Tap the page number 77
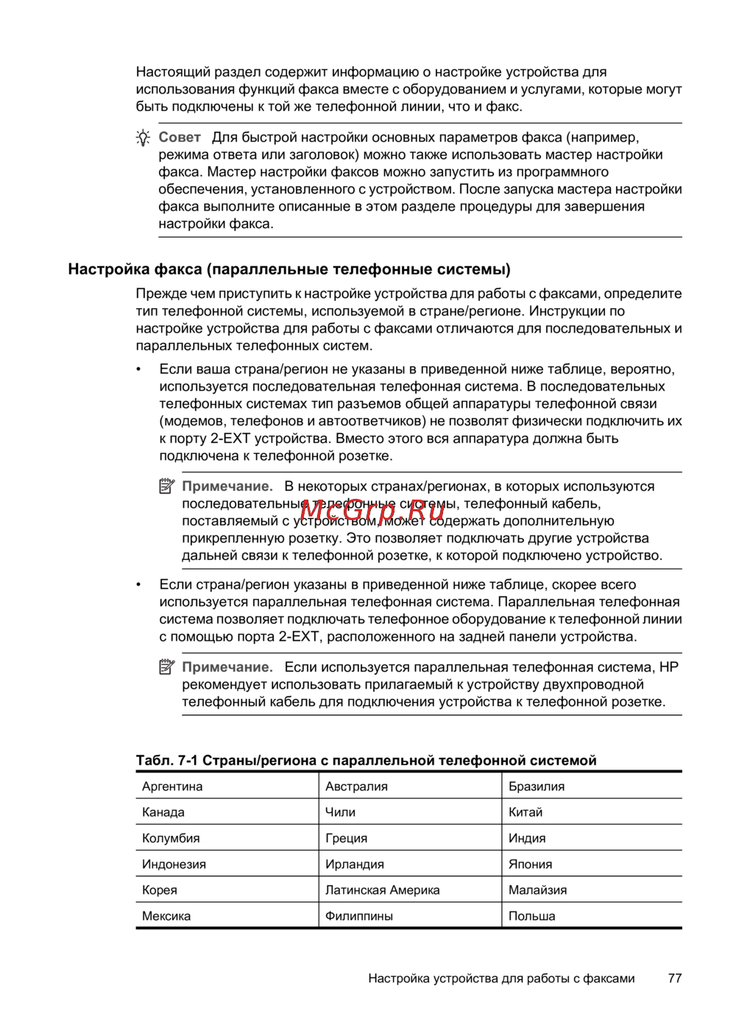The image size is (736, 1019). tap(675, 979)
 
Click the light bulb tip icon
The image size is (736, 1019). tap(144, 138)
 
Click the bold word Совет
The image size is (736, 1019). tap(180, 138)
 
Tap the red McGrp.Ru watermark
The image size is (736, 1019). tap(372, 509)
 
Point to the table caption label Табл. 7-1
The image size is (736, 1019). tap(166, 761)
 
